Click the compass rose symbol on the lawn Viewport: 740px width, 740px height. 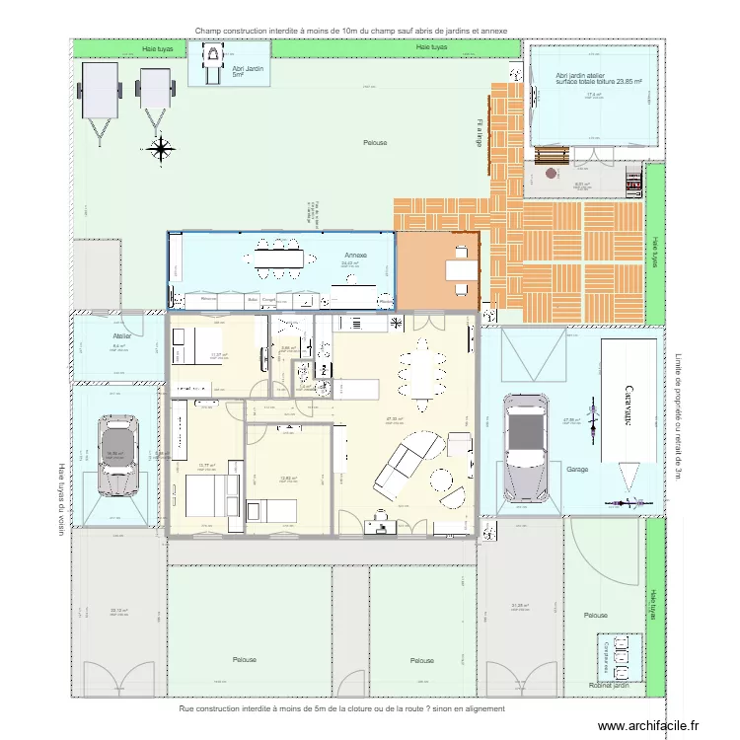tap(160, 149)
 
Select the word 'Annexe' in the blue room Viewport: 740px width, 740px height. tap(354, 255)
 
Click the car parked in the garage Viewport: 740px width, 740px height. tap(524, 449)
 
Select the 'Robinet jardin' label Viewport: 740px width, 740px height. tap(608, 685)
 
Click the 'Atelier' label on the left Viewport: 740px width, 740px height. tap(121, 335)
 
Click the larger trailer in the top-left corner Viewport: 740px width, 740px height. tap(97, 94)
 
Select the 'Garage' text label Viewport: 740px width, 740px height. tap(577, 469)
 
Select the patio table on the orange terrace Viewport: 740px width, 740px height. tap(459, 266)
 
